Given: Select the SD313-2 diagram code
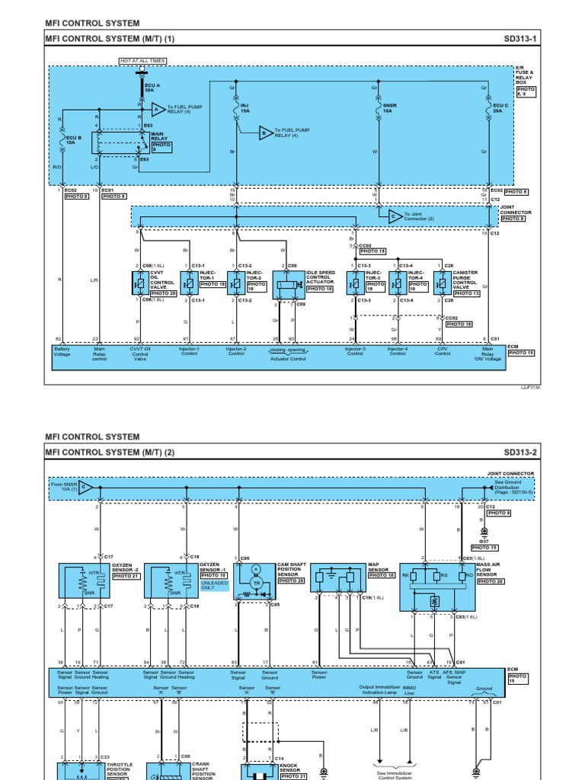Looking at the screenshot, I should [x=520, y=452].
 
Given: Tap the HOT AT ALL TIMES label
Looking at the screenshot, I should [x=142, y=61].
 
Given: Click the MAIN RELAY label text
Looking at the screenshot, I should [x=161, y=136].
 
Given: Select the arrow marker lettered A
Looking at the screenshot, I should [x=157, y=109].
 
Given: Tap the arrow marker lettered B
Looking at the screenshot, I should [x=265, y=133].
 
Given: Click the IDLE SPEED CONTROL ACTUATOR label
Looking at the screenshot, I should [x=320, y=277].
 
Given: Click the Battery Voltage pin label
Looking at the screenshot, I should [x=62, y=351].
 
